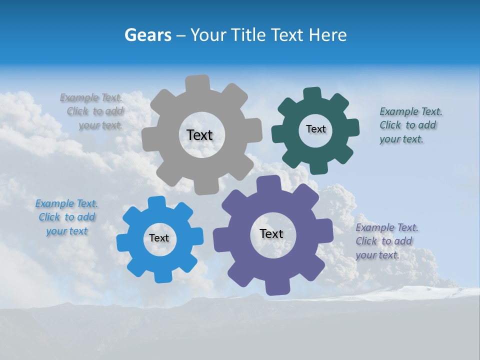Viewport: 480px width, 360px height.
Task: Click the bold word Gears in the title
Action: pyautogui.click(x=147, y=35)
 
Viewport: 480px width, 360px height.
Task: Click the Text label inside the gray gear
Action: pyautogui.click(x=199, y=135)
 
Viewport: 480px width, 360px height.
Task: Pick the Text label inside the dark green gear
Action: pyautogui.click(x=315, y=129)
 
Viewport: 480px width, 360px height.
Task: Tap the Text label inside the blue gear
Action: pyautogui.click(x=159, y=238)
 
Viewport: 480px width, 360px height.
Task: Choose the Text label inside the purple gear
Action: pyautogui.click(x=271, y=233)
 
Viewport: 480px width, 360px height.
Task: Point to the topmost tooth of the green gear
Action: pyautogui.click(x=312, y=93)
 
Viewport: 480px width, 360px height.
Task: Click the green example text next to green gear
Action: pyautogui.click(x=409, y=125)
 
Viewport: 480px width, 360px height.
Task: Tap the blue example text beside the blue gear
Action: pyautogui.click(x=66, y=217)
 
